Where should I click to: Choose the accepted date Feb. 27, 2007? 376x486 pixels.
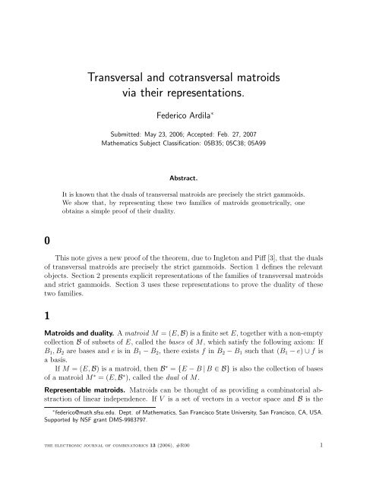click(266, 132)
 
